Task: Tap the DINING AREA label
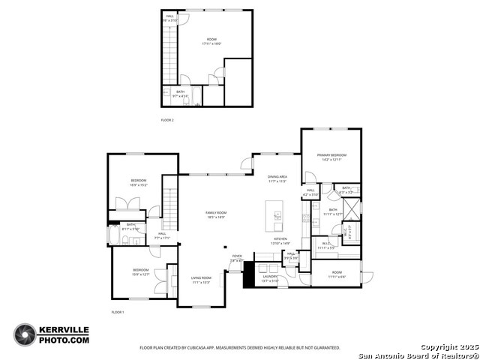277,177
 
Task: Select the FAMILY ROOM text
216,213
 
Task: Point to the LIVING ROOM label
201,277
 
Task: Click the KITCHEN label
280,239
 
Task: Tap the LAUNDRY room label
270,277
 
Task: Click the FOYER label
237,256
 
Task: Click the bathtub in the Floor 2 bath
166,96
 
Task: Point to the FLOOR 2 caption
167,119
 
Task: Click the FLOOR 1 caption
118,311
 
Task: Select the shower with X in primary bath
352,208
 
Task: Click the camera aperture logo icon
25,334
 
